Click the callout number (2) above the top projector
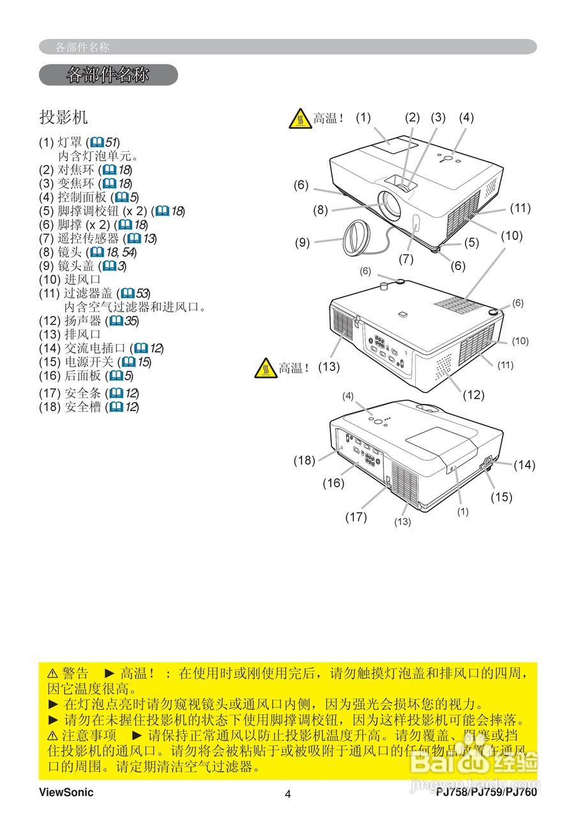[x=413, y=117]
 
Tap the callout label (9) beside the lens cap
[x=302, y=242]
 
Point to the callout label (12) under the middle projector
[x=473, y=394]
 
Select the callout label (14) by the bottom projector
[x=524, y=465]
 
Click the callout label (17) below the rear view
[x=356, y=517]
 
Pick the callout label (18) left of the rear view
[x=304, y=460]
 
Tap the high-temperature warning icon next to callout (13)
[x=265, y=368]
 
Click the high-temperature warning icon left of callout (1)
[x=299, y=118]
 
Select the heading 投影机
[x=63, y=117]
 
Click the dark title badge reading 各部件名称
[x=108, y=75]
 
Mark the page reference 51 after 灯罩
[x=112, y=142]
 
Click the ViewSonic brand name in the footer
[x=66, y=793]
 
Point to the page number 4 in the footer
[x=287, y=794]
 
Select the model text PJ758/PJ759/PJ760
[x=487, y=793]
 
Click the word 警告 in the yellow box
[x=75, y=673]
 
